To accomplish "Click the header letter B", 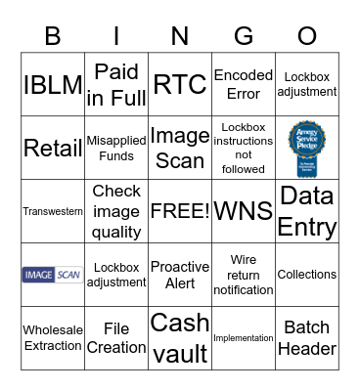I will click(53, 36).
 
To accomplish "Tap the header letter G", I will click(244, 36).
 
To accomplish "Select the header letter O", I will click(307, 36).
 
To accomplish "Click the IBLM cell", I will click(53, 84).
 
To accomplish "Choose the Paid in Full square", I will click(116, 84).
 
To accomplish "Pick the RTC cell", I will click(180, 84).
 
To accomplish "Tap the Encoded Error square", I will click(244, 84).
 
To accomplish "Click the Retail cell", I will click(53, 148).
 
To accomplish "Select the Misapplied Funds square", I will click(116, 148).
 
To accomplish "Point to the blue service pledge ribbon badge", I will click(306, 147).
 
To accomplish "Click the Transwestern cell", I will click(53, 211).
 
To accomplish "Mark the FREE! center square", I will click(180, 211).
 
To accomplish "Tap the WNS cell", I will click(244, 211).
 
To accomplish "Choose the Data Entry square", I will click(307, 211).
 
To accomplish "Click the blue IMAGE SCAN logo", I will click(53, 275).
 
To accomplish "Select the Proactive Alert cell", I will click(180, 275).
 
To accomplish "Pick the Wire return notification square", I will click(244, 275).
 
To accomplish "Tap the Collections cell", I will click(307, 275).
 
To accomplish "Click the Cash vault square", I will click(180, 337).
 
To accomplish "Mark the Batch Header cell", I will click(307, 337).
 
